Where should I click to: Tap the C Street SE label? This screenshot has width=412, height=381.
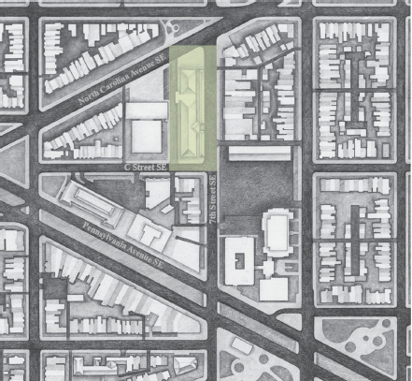click(x=145, y=166)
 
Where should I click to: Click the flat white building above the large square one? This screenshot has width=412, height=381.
click(x=146, y=110)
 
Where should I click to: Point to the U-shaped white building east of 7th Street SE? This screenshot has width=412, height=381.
click(x=239, y=259)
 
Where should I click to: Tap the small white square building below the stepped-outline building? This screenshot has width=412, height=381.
click(x=273, y=287)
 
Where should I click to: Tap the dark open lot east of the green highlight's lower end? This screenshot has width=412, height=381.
click(x=257, y=187)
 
